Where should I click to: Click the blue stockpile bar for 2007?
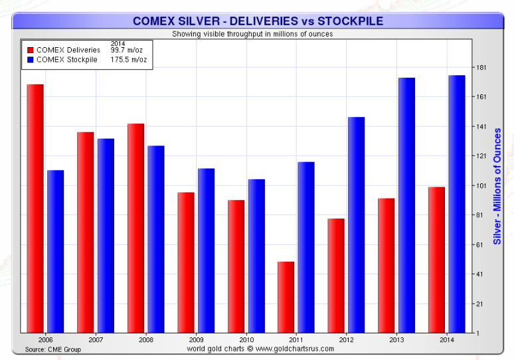[106, 235]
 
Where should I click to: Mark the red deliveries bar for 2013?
[386, 265]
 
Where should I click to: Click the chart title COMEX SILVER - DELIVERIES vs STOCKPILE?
[258, 21]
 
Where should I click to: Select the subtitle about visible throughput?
[252, 33]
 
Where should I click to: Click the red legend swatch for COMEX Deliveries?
[30, 50]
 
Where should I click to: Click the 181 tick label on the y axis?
[481, 68]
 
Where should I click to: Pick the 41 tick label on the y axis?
[481, 274]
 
